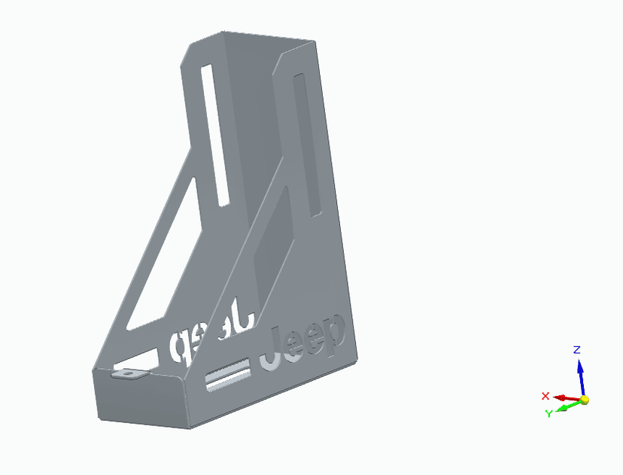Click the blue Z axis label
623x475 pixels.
point(576,349)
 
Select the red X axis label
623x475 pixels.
point(546,396)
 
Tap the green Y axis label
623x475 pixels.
point(549,413)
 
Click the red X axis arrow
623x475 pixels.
point(564,397)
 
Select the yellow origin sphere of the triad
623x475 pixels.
point(585,400)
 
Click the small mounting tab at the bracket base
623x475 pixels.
point(129,373)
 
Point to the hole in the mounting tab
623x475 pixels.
point(130,372)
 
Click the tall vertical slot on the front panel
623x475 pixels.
point(308,143)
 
